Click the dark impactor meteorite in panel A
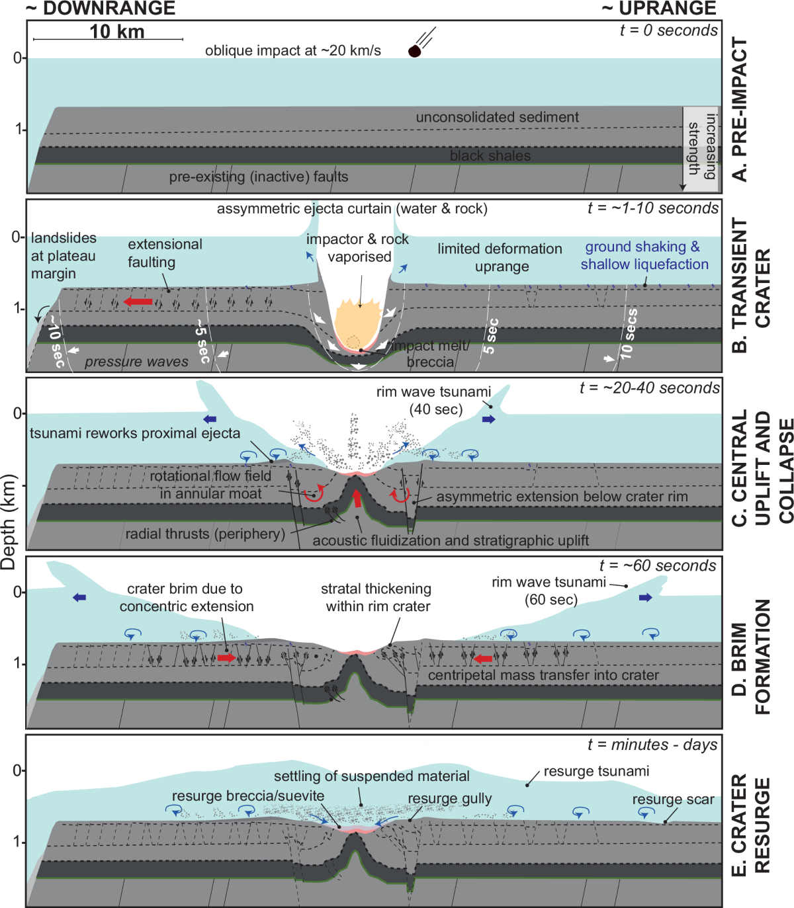(x=414, y=51)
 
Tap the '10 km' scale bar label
(x=116, y=32)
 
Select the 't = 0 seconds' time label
(x=668, y=30)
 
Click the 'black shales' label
(x=490, y=155)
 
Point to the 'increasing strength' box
(x=701, y=148)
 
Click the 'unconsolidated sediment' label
(x=497, y=117)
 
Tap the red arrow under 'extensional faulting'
(x=139, y=302)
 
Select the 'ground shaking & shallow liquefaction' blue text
(x=644, y=255)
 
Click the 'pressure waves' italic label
(x=136, y=362)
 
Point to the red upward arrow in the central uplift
(x=357, y=497)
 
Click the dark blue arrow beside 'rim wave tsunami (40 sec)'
(x=488, y=419)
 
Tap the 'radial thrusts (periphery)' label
(x=205, y=534)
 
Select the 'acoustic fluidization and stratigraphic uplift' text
(x=450, y=540)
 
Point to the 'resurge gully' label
(x=449, y=799)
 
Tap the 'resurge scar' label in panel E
(x=673, y=800)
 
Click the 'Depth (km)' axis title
(x=8, y=522)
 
